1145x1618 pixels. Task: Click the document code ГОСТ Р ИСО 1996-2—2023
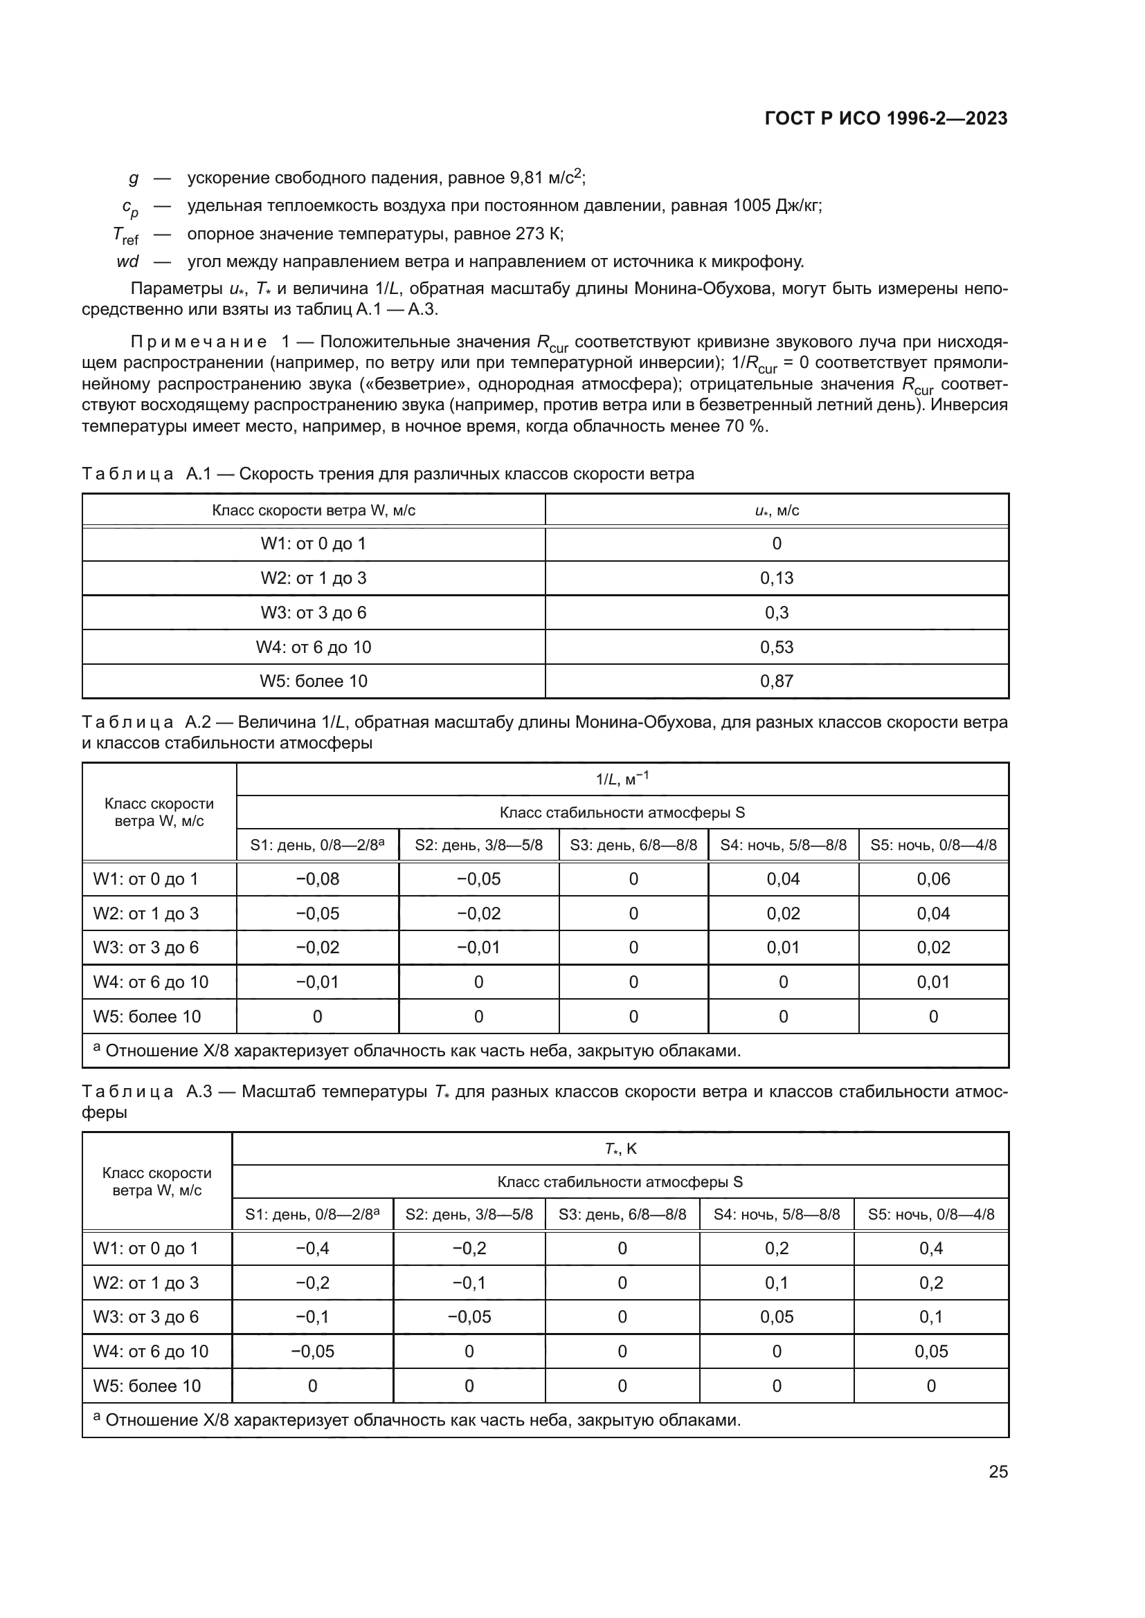(885, 118)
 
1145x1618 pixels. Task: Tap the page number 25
(998, 1471)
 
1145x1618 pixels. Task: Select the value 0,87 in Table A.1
(776, 681)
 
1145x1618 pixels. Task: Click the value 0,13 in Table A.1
(776, 578)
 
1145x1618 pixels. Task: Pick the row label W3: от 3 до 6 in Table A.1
(313, 612)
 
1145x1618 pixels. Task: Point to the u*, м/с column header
(776, 511)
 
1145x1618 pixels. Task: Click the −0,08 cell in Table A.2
(317, 879)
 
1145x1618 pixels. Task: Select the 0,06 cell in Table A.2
(932, 879)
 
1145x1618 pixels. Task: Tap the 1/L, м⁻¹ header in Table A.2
(622, 780)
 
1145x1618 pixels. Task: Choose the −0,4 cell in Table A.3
(312, 1248)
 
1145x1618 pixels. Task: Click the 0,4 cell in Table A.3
(930, 1248)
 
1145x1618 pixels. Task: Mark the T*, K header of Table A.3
(620, 1149)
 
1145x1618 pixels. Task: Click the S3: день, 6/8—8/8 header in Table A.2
(633, 845)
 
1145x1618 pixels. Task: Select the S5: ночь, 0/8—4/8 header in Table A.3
(930, 1214)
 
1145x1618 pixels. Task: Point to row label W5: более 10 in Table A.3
(147, 1386)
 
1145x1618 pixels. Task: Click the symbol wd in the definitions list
(127, 262)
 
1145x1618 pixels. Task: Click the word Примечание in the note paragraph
(199, 342)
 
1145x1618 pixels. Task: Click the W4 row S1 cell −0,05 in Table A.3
(312, 1351)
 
